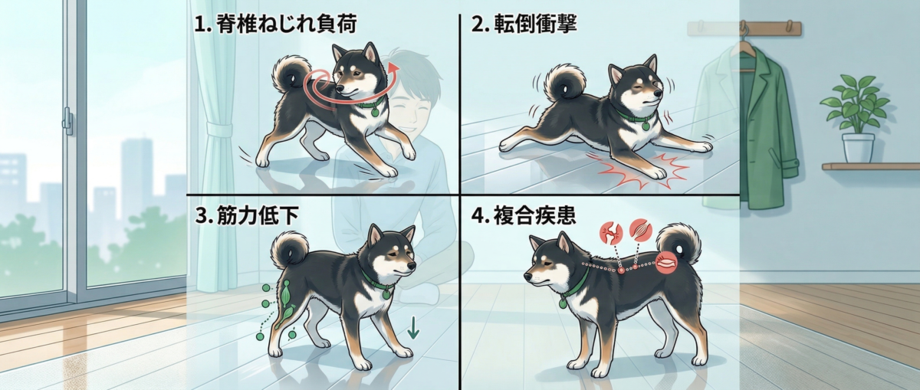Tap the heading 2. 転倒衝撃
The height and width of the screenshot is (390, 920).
[524, 24]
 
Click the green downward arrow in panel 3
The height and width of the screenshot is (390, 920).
[412, 327]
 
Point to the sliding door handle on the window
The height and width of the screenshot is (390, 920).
[68, 120]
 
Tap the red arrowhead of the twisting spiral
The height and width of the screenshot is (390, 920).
[394, 69]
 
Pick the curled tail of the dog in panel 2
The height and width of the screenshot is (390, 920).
[564, 84]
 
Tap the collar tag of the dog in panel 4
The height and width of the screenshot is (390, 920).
[563, 303]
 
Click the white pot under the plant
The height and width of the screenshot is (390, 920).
[858, 147]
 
